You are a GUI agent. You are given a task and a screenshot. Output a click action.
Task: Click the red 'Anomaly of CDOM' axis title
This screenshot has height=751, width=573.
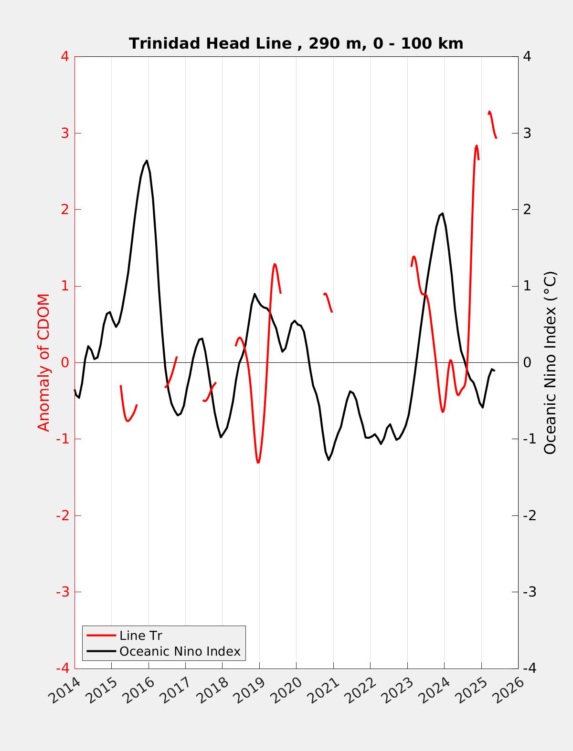43,362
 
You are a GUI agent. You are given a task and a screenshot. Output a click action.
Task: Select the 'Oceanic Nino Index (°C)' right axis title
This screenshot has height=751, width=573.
550,362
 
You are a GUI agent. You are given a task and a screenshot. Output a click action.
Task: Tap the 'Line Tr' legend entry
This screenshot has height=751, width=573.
140,636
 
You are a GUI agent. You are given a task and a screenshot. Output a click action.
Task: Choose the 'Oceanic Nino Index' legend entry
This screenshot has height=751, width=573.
180,651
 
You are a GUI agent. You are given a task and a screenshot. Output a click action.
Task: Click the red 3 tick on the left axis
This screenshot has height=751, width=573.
65,133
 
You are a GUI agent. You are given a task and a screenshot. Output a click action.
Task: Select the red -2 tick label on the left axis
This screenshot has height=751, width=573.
63,515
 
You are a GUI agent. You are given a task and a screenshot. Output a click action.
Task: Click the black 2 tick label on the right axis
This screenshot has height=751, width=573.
527,209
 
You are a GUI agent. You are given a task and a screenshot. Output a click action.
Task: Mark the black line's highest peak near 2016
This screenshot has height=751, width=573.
147,161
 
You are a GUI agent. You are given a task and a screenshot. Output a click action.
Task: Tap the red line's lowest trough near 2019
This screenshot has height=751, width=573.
258,463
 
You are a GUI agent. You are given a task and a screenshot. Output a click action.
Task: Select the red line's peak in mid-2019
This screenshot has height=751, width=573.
275,264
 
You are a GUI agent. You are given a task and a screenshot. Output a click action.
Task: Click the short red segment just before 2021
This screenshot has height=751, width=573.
328,302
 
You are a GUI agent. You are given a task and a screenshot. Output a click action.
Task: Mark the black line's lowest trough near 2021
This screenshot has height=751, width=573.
329,460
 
